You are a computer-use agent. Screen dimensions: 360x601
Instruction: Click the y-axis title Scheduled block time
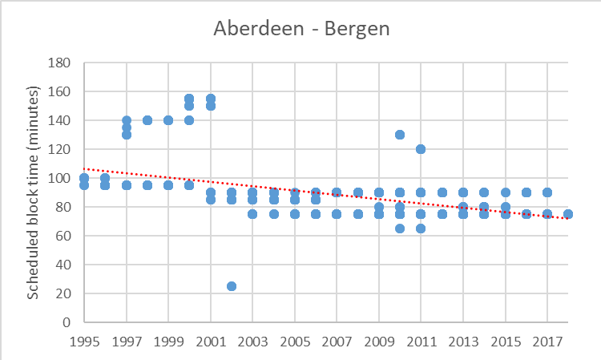(34, 192)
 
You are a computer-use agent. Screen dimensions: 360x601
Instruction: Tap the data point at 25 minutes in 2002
(232, 286)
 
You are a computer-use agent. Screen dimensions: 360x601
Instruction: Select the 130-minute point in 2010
(400, 135)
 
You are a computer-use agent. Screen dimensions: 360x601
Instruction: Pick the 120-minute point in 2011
(421, 149)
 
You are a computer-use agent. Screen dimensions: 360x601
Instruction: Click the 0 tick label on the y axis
(67, 322)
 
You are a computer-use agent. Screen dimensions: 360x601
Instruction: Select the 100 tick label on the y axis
(62, 178)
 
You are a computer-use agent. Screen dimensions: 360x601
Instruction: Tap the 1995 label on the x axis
(84, 341)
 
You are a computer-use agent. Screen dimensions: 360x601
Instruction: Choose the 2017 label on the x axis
(547, 341)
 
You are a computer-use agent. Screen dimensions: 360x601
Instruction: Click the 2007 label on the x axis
(337, 341)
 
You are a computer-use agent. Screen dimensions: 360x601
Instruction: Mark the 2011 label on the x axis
(421, 341)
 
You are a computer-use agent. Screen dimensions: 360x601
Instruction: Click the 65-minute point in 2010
(400, 229)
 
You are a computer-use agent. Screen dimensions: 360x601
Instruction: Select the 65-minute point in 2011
(421, 229)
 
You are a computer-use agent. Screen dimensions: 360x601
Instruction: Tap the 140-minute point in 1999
(168, 120)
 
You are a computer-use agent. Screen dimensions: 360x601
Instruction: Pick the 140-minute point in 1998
(147, 120)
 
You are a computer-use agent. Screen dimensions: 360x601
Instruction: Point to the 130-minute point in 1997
(127, 135)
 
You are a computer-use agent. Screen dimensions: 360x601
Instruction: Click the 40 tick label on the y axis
(64, 265)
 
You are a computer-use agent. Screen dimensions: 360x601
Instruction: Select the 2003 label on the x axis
(252, 341)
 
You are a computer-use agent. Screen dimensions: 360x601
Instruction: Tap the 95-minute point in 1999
(168, 185)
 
